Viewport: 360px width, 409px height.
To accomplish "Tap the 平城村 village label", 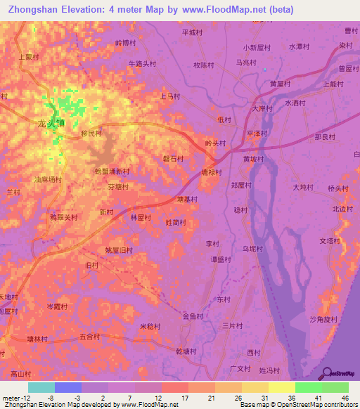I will click(x=192, y=32).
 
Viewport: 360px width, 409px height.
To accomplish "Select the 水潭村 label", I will click(x=300, y=47).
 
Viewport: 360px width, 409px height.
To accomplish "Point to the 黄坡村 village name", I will click(x=253, y=160).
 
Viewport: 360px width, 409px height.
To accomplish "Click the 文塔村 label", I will click(x=330, y=241).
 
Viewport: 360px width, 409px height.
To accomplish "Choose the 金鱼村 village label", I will click(x=193, y=317).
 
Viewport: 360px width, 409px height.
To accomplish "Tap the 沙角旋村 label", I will click(x=323, y=320).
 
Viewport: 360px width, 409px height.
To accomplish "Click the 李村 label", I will click(x=213, y=244).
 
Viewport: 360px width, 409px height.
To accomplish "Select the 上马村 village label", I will click(x=171, y=96).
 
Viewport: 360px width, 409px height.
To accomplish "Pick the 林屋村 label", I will click(x=141, y=218).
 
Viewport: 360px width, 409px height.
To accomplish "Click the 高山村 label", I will click(x=21, y=373).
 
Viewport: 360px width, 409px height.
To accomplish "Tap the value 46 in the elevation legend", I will click(x=345, y=397).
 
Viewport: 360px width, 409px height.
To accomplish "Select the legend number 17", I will click(x=185, y=397).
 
